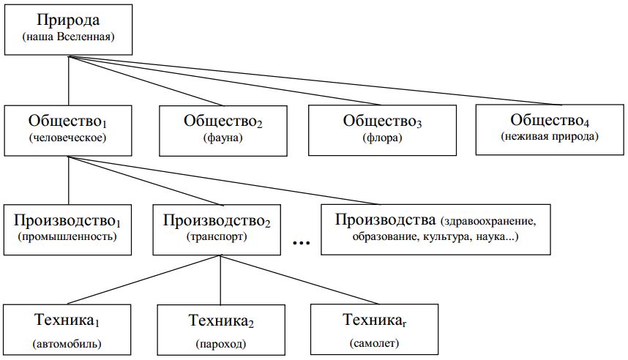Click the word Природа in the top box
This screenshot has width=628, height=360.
point(68,20)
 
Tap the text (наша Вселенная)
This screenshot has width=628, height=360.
point(69,37)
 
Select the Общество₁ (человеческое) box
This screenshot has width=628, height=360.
point(68,130)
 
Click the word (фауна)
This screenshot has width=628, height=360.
point(223,138)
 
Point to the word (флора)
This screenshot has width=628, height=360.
point(382,138)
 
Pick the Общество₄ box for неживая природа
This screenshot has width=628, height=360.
point(550,130)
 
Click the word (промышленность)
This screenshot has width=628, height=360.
point(67,236)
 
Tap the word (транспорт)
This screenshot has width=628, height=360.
point(217,236)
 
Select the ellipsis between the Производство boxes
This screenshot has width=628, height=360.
point(301,243)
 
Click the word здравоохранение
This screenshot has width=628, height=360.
point(488,221)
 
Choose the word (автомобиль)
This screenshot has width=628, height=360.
point(67,344)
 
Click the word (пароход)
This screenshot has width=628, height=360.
point(221,344)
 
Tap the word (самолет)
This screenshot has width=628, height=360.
point(374,343)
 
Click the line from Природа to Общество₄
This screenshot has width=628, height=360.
point(315,80)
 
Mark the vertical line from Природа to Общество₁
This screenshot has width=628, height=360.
point(69,80)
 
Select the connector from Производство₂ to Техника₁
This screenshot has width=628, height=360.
point(144,280)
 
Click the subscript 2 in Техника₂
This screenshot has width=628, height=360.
point(251,324)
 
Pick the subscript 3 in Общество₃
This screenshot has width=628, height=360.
point(419,124)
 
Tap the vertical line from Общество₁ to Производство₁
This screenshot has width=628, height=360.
point(69,181)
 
